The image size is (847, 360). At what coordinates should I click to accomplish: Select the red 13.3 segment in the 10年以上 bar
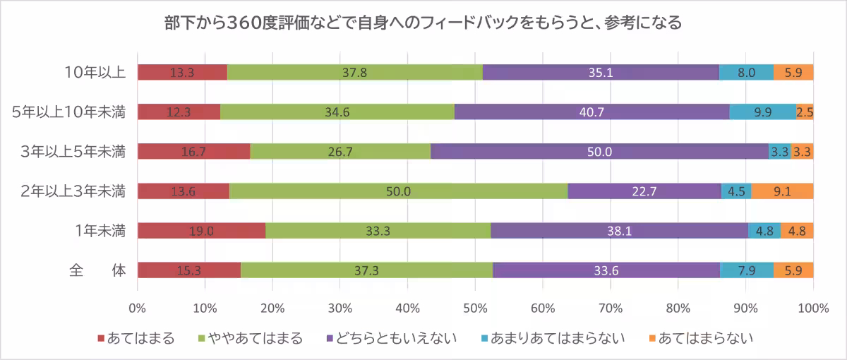tap(182, 72)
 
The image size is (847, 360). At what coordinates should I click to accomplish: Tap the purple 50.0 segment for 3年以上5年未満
tap(601, 151)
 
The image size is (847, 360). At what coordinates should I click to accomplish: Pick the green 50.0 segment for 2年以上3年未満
tap(398, 191)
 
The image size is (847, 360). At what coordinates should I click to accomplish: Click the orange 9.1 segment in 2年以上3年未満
tap(782, 191)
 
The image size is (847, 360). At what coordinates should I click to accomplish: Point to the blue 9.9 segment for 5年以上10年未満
tap(762, 112)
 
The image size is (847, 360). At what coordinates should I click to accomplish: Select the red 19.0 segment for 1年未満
tap(201, 230)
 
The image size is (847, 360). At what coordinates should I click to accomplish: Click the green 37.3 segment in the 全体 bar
tap(366, 270)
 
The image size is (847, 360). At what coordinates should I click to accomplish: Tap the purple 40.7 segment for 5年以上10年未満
tap(591, 112)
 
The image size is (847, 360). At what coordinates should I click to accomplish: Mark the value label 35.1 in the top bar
tap(601, 72)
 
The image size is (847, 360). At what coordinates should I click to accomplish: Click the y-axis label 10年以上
tap(95, 72)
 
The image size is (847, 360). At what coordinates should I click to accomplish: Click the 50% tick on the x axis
tap(475, 308)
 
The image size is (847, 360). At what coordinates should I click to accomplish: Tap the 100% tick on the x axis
tap(812, 308)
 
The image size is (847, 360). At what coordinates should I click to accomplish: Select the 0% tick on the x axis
tap(138, 308)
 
